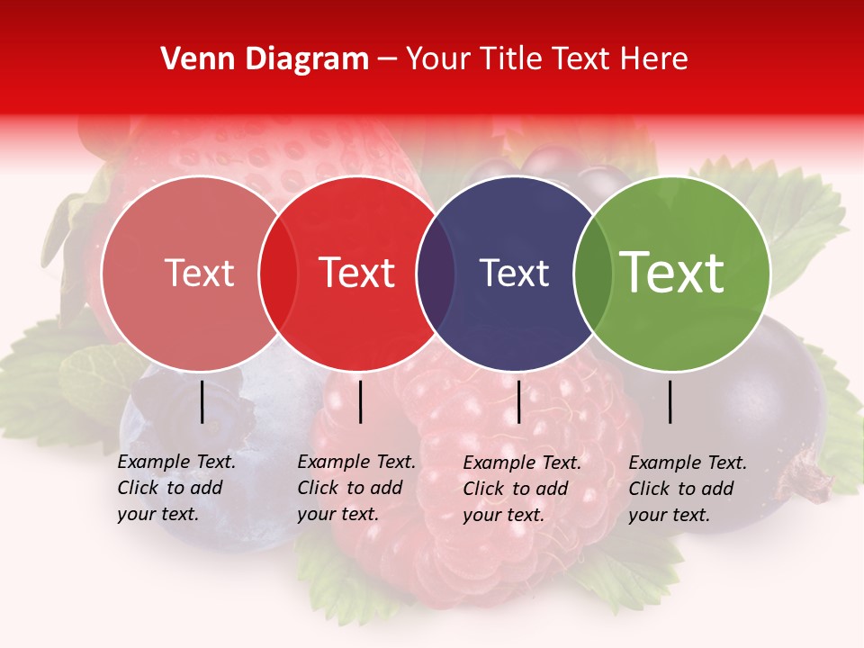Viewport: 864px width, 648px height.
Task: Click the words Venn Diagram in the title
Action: [265, 59]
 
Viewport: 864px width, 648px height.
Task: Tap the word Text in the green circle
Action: [671, 273]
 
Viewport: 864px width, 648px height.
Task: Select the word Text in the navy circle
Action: [514, 274]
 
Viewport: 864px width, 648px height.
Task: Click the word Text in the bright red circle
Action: [356, 273]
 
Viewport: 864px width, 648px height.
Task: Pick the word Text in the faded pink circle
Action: [199, 274]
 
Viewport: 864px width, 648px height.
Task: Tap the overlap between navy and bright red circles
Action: [434, 274]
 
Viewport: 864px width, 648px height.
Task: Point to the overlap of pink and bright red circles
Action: [278, 274]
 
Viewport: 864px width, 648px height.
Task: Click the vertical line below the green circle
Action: [670, 401]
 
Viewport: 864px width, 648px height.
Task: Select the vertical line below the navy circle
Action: [518, 401]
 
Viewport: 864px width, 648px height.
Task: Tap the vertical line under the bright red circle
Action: [360, 401]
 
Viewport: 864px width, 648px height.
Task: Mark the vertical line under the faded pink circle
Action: [202, 401]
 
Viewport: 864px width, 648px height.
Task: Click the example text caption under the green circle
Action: [688, 489]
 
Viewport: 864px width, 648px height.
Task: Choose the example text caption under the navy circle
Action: [522, 489]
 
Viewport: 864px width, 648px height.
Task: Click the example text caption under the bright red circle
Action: [356, 488]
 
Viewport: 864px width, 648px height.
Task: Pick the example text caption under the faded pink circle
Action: [176, 488]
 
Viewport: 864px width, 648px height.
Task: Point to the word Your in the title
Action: [438, 59]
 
